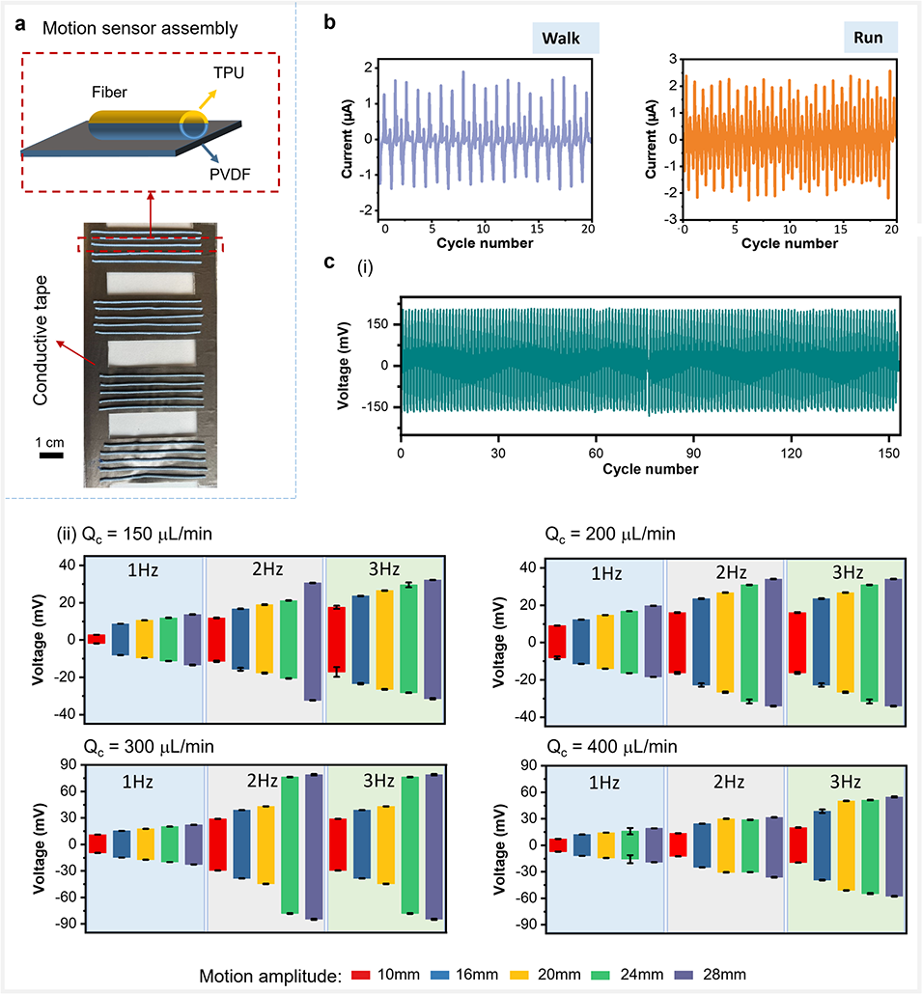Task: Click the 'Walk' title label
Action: click(568, 38)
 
